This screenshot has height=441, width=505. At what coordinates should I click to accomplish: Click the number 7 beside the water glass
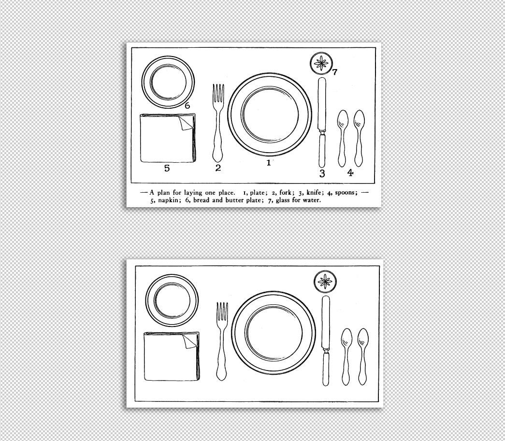[x=334, y=72]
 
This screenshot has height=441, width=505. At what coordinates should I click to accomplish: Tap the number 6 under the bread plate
[x=187, y=105]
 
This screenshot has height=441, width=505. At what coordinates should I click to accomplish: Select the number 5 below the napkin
[x=167, y=168]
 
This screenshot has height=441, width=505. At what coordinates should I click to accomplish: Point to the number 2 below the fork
[x=218, y=168]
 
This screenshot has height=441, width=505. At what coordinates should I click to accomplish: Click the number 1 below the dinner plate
[x=269, y=163]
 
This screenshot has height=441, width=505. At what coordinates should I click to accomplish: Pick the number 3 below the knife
[x=322, y=173]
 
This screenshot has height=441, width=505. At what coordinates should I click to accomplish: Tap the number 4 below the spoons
[x=350, y=172]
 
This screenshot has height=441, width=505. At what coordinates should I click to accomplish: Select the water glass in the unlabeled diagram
[x=325, y=281]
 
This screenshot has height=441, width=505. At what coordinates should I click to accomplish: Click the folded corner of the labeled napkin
[x=187, y=123]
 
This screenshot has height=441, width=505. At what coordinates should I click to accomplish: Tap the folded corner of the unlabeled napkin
[x=190, y=341]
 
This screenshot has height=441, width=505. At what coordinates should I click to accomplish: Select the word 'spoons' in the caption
[x=346, y=192]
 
